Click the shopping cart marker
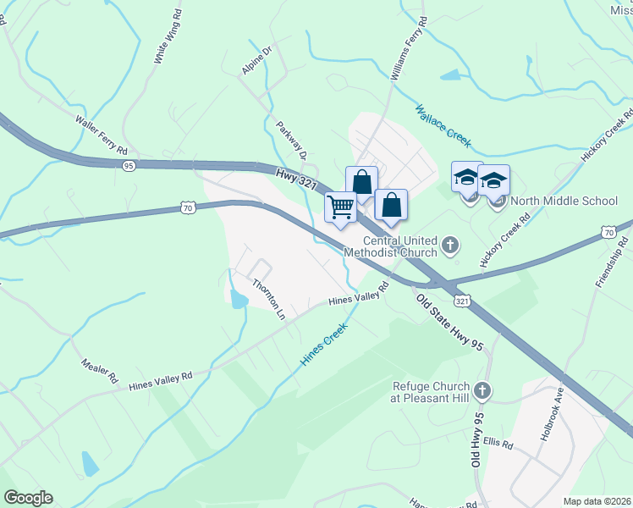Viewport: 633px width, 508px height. [x=341, y=206]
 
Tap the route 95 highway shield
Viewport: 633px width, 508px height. [x=129, y=166]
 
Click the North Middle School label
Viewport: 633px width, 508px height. [x=564, y=202]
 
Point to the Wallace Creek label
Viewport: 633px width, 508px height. [x=443, y=125]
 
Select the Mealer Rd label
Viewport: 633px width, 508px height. [x=98, y=369]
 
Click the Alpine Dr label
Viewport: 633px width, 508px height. [x=256, y=60]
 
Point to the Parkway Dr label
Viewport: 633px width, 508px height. [x=290, y=141]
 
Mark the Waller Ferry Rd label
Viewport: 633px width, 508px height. [x=101, y=133]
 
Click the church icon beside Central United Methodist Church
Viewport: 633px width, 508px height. [x=450, y=246]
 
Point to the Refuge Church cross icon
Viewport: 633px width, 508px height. [x=482, y=390]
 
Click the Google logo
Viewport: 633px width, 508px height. [x=28, y=498]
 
